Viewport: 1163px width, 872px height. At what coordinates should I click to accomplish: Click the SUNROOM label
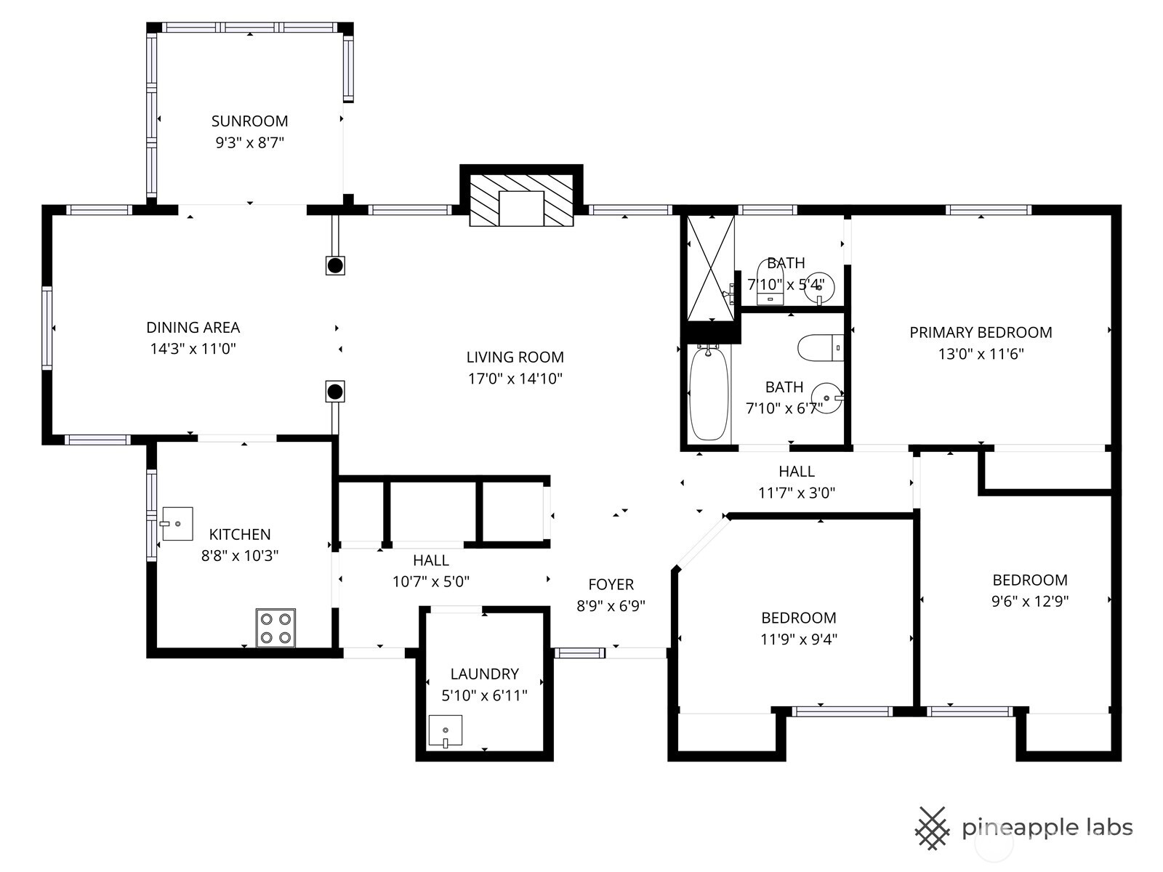pyautogui.click(x=249, y=121)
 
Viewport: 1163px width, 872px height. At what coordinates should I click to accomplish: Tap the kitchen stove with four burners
pyautogui.click(x=275, y=628)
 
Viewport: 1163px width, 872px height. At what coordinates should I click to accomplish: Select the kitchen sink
pyautogui.click(x=177, y=523)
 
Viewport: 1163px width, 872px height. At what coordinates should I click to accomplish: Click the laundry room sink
pyautogui.click(x=445, y=731)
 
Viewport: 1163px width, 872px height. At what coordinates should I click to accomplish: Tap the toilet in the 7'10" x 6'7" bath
pyautogui.click(x=820, y=348)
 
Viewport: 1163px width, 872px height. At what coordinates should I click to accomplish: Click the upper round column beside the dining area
pyautogui.click(x=335, y=265)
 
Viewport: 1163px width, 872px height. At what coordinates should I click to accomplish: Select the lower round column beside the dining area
pyautogui.click(x=335, y=392)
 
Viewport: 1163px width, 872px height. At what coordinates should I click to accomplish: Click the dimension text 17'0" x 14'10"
pyautogui.click(x=515, y=379)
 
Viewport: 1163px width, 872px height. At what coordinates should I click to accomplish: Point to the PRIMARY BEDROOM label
pyautogui.click(x=981, y=333)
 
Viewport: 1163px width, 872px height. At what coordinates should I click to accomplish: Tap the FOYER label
pyautogui.click(x=611, y=584)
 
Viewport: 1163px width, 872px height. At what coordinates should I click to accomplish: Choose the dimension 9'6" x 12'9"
pyautogui.click(x=1030, y=602)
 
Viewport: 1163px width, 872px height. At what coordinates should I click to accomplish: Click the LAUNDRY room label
pyautogui.click(x=484, y=674)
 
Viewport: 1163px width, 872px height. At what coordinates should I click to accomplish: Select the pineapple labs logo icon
pyautogui.click(x=932, y=827)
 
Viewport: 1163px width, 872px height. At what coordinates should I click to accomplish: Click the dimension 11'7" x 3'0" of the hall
pyautogui.click(x=796, y=493)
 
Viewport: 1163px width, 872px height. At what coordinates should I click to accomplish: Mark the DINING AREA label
pyautogui.click(x=193, y=328)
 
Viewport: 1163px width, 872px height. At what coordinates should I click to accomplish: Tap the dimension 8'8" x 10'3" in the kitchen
pyautogui.click(x=240, y=556)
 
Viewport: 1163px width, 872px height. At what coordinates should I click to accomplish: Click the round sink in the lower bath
pyautogui.click(x=826, y=397)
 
